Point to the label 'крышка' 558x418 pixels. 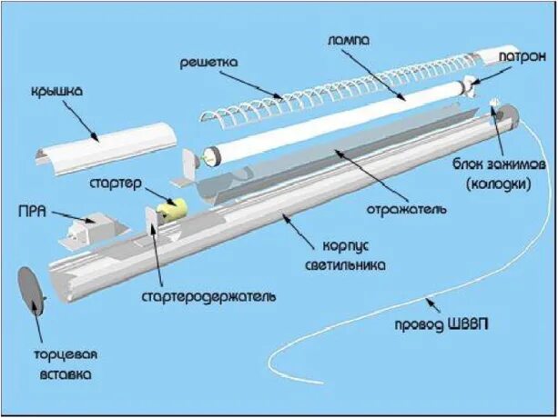61,91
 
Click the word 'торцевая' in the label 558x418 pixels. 65,354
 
